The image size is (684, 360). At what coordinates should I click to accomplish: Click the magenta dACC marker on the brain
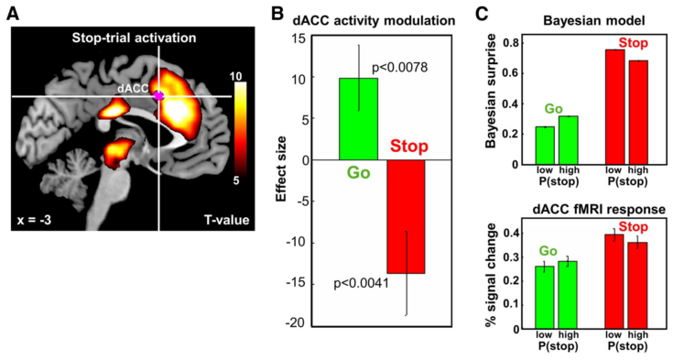coord(158,95)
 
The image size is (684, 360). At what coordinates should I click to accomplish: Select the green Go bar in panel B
coord(358,119)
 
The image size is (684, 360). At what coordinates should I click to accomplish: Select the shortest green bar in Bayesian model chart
coord(545,146)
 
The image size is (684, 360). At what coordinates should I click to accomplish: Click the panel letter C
coord(482,12)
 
